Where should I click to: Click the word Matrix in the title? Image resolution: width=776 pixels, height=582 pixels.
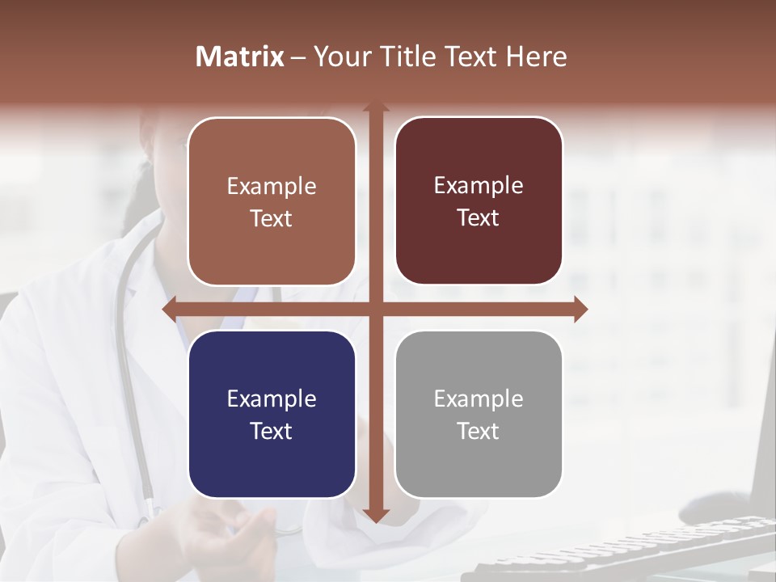240,57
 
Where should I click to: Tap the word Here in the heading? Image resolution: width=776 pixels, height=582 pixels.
537,57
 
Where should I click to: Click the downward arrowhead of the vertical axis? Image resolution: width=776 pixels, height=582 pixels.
375,516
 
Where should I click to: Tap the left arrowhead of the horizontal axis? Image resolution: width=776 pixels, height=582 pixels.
168,308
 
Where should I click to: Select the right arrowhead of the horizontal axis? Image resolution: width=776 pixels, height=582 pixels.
581,308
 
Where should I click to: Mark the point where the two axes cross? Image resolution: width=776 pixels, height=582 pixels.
375,308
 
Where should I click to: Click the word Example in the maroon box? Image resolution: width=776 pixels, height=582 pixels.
479,185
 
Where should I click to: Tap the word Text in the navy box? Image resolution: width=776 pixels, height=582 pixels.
272,431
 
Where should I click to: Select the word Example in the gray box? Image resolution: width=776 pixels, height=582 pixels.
479,399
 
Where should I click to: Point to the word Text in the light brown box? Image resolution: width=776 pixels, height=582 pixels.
272,218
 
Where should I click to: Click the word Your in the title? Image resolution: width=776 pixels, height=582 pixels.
339,57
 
